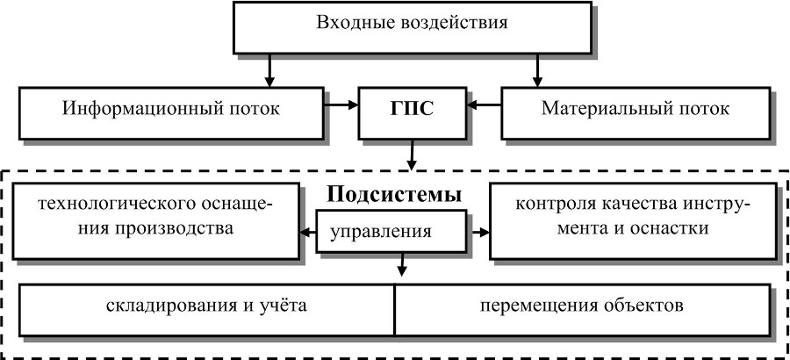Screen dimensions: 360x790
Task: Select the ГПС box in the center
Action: pyautogui.click(x=412, y=111)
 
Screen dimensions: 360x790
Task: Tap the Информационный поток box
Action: pyautogui.click(x=170, y=111)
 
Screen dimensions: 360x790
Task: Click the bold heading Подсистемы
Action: pyautogui.click(x=395, y=193)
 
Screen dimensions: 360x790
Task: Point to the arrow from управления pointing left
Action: pyautogui.click(x=308, y=233)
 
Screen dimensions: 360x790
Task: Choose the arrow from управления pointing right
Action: pyautogui.click(x=478, y=233)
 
